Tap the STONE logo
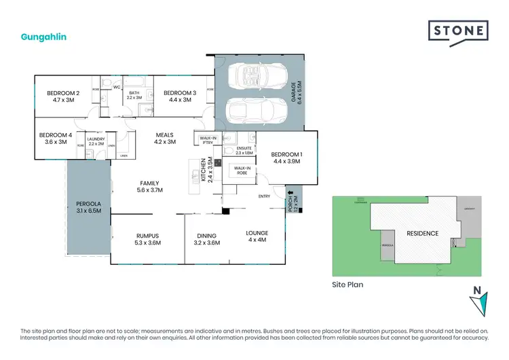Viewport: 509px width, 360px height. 458,31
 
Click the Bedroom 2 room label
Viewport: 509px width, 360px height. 64,96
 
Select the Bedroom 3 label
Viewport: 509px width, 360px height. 180,96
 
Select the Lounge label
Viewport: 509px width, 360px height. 257,236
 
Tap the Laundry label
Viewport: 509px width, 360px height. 96,141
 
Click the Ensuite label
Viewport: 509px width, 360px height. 244,150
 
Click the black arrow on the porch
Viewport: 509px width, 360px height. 293,193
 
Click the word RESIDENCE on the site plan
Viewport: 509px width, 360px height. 422,234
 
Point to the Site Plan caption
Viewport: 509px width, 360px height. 347,285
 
